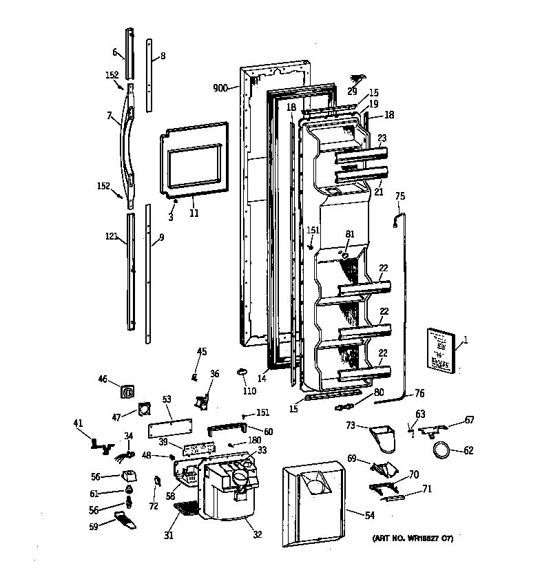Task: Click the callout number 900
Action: tap(220, 88)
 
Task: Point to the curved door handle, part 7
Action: tap(129, 145)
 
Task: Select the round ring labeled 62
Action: tap(441, 451)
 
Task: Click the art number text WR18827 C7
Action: tap(413, 538)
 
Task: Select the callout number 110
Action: tap(249, 391)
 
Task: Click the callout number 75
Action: tap(400, 196)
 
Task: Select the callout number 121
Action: tap(111, 236)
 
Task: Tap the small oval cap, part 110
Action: tap(243, 372)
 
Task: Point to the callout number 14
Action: tap(262, 378)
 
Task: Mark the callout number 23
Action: tap(382, 138)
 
